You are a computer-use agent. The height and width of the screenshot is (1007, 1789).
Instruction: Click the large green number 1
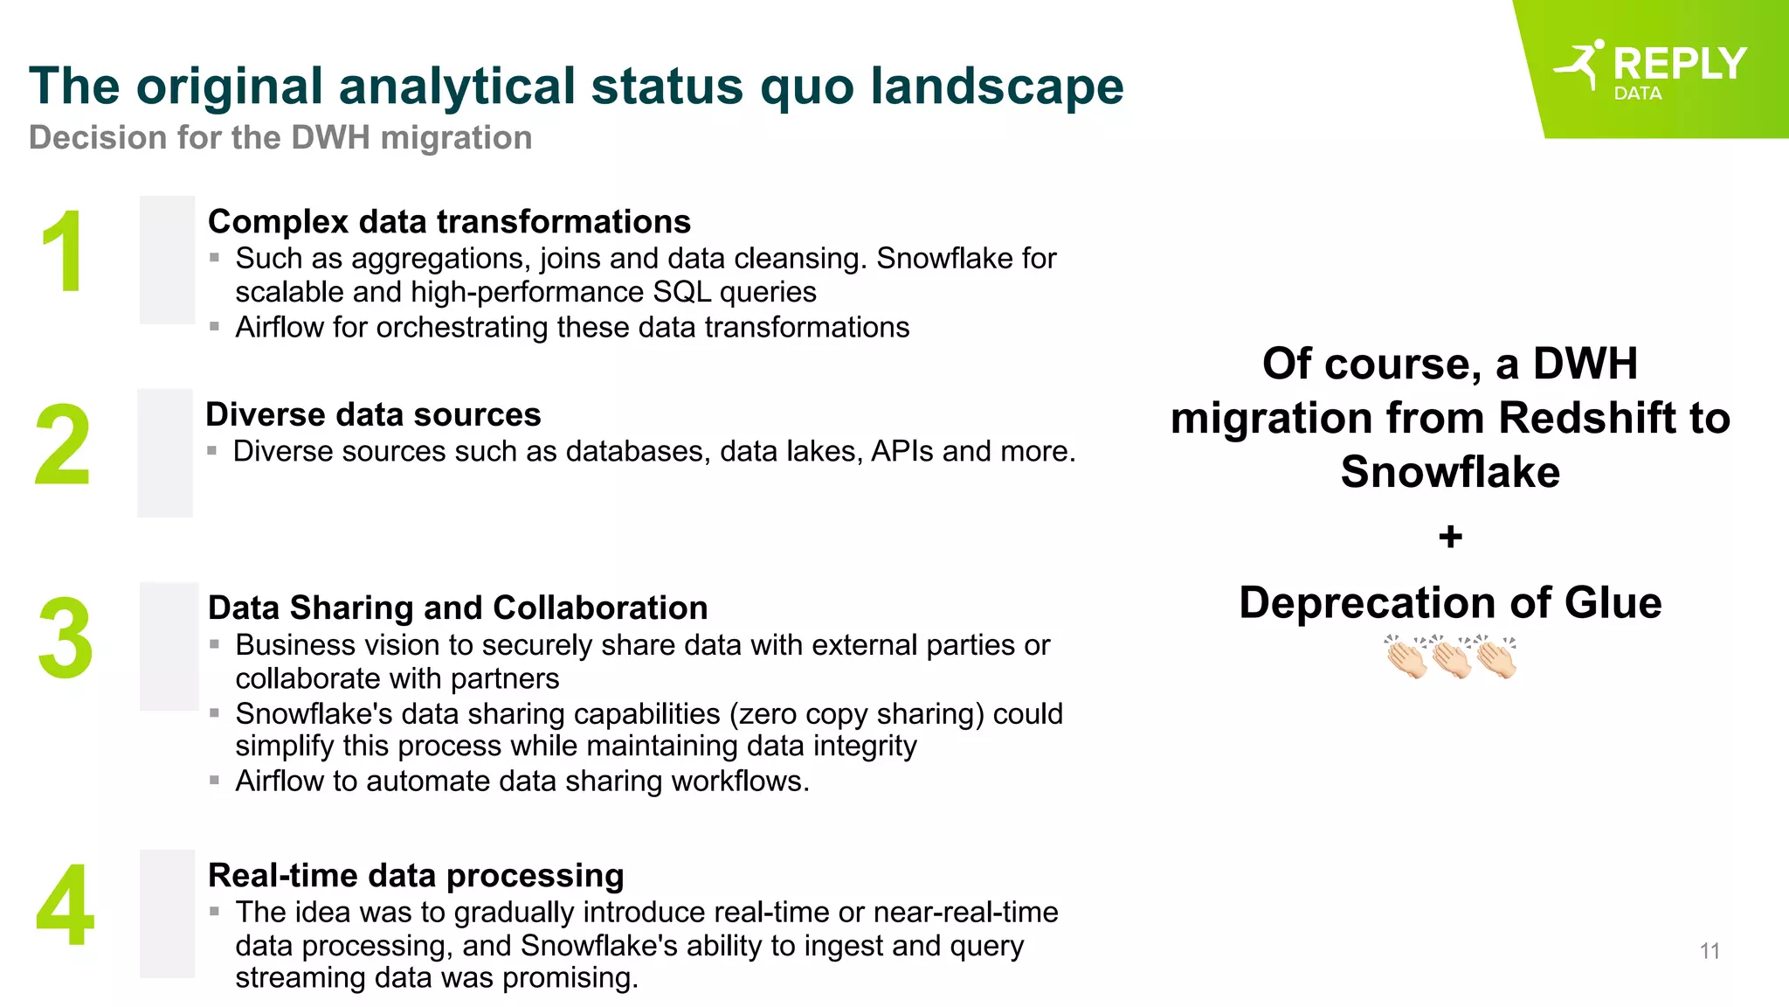pyautogui.click(x=62, y=253)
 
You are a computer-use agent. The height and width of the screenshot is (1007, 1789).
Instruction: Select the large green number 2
pyautogui.click(x=62, y=445)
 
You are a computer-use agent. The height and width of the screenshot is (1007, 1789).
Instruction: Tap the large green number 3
pyautogui.click(x=65, y=639)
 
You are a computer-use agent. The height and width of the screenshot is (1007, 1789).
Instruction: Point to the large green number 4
pyautogui.click(x=65, y=906)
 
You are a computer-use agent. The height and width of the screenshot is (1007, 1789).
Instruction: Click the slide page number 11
pyautogui.click(x=1710, y=951)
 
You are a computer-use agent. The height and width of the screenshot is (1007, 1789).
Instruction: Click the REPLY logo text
pyautogui.click(x=1679, y=64)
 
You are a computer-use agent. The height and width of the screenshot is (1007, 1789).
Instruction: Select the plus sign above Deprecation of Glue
pyautogui.click(x=1450, y=537)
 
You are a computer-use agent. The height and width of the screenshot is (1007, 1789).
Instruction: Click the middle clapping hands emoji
pyautogui.click(x=1451, y=657)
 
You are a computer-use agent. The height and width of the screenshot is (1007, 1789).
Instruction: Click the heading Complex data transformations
pyautogui.click(x=449, y=222)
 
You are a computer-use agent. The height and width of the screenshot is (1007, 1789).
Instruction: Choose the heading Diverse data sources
pyautogui.click(x=373, y=414)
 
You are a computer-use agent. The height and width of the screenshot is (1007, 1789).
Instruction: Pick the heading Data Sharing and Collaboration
pyautogui.click(x=458, y=608)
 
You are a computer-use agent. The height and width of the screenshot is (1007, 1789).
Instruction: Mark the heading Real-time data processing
pyautogui.click(x=416, y=875)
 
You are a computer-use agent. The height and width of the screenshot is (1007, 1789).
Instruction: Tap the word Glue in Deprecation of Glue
pyautogui.click(x=1613, y=603)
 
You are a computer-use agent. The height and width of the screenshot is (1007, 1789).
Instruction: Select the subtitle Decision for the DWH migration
pyautogui.click(x=280, y=138)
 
